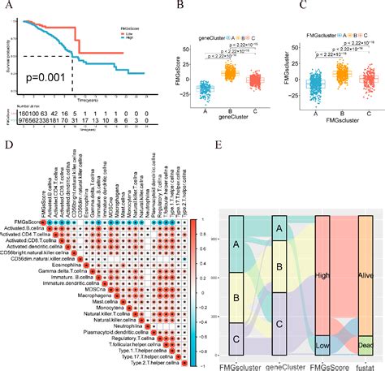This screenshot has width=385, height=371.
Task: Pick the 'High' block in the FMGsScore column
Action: (x=321, y=275)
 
